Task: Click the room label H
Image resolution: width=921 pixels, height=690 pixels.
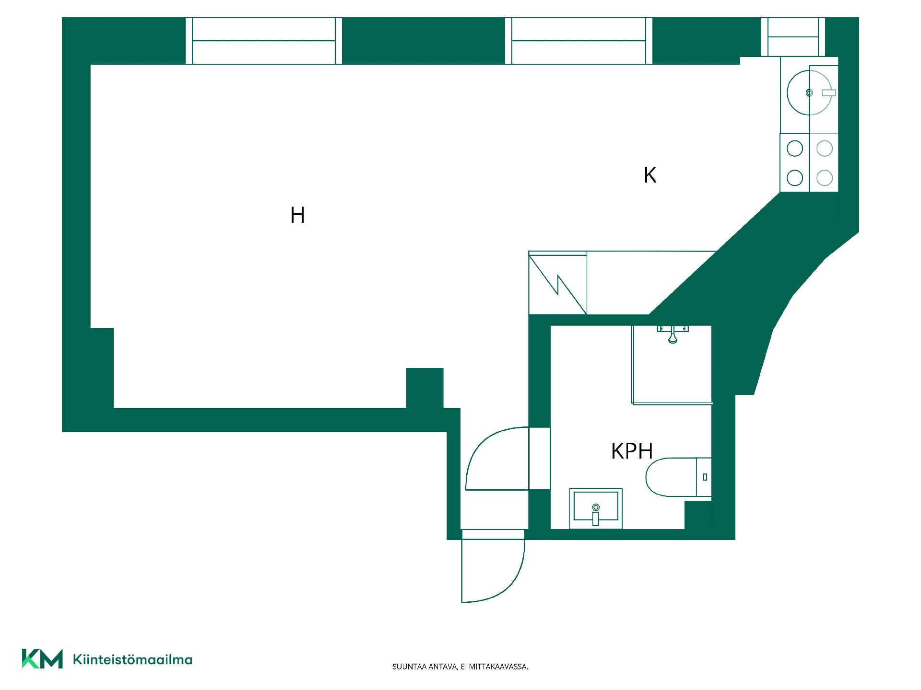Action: tap(297, 216)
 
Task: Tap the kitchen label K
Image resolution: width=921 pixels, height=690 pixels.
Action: tap(650, 175)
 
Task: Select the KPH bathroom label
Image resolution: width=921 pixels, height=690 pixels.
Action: tap(632, 451)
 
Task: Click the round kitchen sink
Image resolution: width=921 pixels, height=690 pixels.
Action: tap(809, 92)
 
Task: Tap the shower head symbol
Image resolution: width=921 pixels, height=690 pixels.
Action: tap(673, 334)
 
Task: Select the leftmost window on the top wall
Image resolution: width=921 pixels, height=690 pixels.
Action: tap(264, 41)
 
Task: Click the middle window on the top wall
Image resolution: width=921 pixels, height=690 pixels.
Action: tap(579, 41)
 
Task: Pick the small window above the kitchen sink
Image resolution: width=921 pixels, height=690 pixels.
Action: tap(793, 37)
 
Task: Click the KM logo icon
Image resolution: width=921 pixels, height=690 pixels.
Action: tap(42, 659)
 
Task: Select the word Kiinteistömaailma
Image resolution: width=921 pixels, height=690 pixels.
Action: tap(132, 659)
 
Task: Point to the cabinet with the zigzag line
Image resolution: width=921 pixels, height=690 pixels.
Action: tap(558, 284)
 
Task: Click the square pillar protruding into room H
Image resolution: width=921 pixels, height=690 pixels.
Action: tap(425, 388)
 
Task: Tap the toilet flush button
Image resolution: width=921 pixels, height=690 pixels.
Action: tap(705, 477)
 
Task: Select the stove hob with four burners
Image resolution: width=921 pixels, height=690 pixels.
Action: tap(809, 163)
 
